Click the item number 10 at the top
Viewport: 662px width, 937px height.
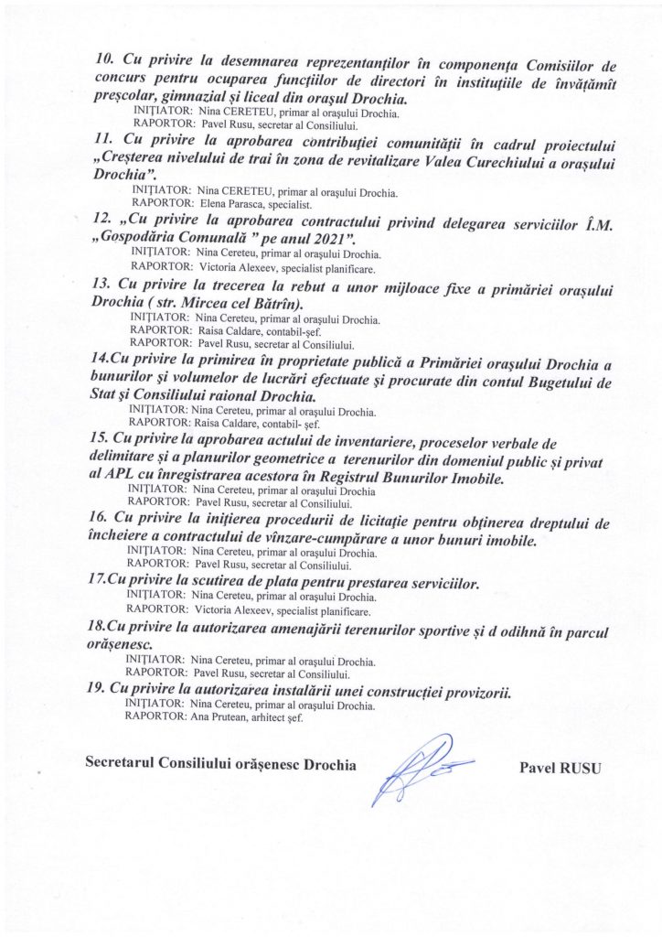pyautogui.click(x=104, y=60)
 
